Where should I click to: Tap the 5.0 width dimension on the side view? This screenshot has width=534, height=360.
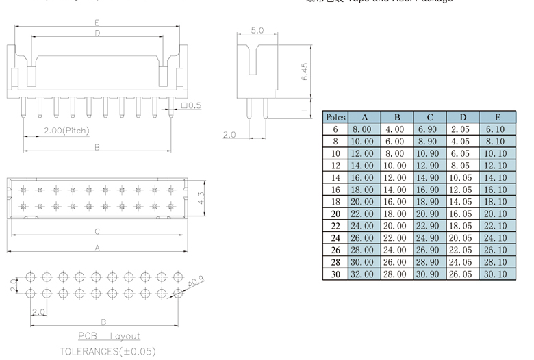click(257, 31)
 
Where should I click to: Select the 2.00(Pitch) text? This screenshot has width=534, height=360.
click(66, 130)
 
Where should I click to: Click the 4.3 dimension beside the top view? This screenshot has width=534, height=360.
click(201, 198)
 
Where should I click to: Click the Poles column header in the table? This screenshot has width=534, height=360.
click(335, 117)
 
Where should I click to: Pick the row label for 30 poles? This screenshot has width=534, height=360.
click(335, 274)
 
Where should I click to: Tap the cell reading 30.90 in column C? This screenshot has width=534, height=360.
click(429, 274)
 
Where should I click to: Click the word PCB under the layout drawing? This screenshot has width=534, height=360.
click(87, 336)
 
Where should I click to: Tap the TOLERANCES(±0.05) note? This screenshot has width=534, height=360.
click(107, 351)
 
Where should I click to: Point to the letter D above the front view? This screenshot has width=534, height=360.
click(97, 33)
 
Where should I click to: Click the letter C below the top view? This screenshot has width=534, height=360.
click(97, 231)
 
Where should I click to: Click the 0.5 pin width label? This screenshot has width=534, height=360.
click(194, 105)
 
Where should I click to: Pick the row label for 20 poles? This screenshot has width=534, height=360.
click(335, 214)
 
